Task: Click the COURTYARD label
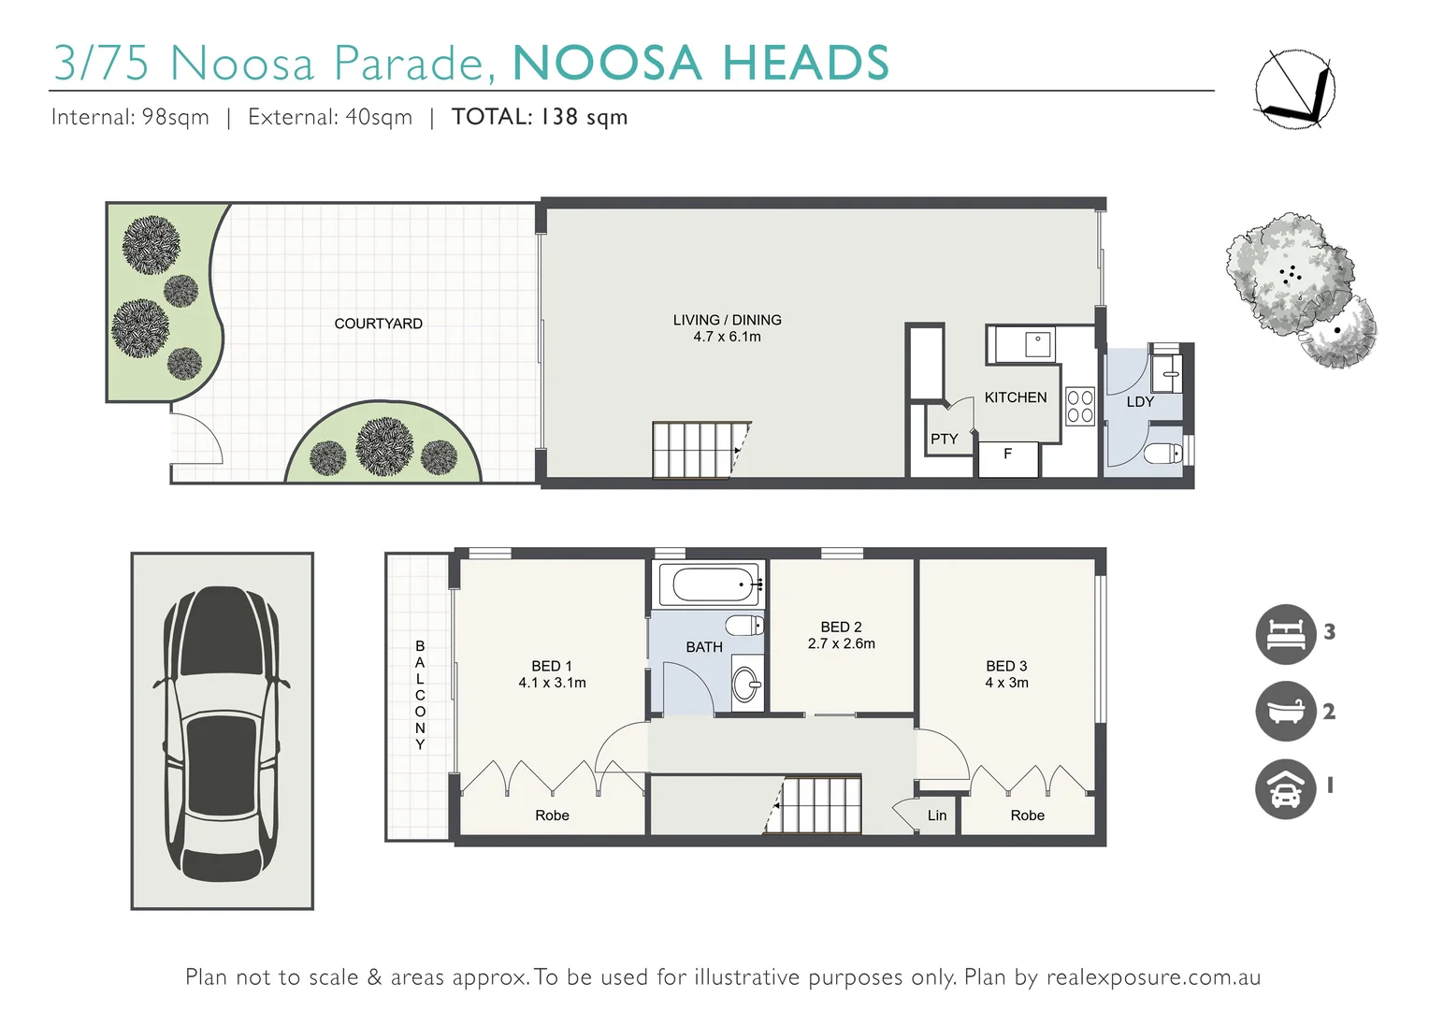coord(378,324)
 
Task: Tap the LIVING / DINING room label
coord(727,320)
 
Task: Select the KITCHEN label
coord(1015,397)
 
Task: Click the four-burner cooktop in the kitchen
coord(1079,407)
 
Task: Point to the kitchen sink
coord(1037,343)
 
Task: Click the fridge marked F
coord(1007,456)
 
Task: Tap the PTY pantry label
coord(944,439)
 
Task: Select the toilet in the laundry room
coord(1163,454)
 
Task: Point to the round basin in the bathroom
coord(746,685)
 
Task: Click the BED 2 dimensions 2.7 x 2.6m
coord(841,643)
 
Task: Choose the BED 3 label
coord(1006,666)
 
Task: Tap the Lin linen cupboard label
coord(936,815)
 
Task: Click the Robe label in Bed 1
coord(552,815)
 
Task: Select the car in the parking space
coord(222,732)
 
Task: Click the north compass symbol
coord(1294,88)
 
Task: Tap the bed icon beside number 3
coord(1285,634)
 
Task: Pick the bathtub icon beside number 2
coord(1285,712)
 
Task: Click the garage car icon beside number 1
coord(1285,789)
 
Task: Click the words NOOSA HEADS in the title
coord(700,64)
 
